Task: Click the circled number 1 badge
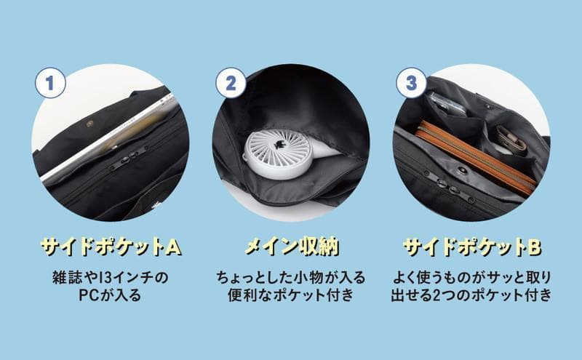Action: click(x=50, y=83)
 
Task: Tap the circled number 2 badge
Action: click(x=231, y=83)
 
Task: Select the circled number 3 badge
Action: click(x=411, y=83)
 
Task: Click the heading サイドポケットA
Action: click(x=111, y=247)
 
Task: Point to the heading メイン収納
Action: click(x=292, y=247)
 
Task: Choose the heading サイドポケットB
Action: click(x=471, y=247)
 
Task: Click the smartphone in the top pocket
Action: click(x=447, y=104)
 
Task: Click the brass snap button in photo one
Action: click(x=90, y=124)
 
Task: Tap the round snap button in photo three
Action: click(x=462, y=171)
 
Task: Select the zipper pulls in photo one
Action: click(x=128, y=159)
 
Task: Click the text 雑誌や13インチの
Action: click(x=111, y=278)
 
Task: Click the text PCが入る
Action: click(x=111, y=295)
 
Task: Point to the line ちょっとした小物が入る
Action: click(x=291, y=278)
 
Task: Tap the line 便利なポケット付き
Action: click(x=291, y=295)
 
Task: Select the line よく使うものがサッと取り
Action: click(x=471, y=278)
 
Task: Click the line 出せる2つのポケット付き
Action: click(x=471, y=295)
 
